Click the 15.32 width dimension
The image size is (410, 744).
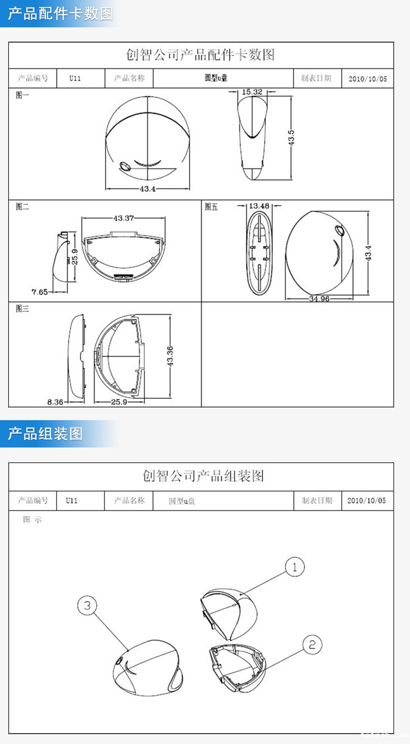tap(252, 92)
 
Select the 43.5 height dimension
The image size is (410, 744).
tap(291, 137)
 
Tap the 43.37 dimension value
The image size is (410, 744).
tap(124, 218)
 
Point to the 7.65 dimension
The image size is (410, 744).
tap(39, 292)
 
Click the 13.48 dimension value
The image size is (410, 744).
tap(259, 206)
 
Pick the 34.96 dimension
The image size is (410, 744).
tap(319, 299)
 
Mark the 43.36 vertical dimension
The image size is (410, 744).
tap(169, 357)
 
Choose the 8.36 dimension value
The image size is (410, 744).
tap(55, 402)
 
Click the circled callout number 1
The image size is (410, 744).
tap(295, 567)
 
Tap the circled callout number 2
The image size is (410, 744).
tap(312, 645)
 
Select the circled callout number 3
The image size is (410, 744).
tap(88, 606)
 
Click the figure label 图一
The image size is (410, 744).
tap(22, 95)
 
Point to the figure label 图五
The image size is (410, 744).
tap(211, 207)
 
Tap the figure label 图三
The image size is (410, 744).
tap(22, 309)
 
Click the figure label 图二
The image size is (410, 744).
tap(22, 207)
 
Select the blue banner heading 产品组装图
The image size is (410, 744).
tap(45, 434)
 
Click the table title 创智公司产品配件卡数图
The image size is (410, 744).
tap(201, 55)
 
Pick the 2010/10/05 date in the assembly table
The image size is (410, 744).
tap(366, 501)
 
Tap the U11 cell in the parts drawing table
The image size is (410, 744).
tap(75, 78)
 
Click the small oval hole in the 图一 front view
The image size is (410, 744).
tap(124, 166)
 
